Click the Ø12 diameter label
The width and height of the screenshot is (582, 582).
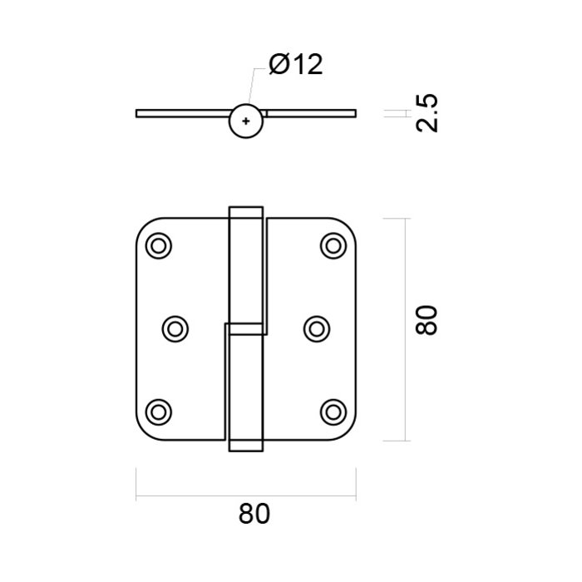click(295, 65)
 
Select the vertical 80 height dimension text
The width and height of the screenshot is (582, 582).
click(426, 319)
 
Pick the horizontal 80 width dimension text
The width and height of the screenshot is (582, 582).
click(254, 515)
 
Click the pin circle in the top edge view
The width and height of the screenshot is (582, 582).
click(244, 121)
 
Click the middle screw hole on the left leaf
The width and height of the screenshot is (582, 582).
click(175, 328)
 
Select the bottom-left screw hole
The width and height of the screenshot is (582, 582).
click(158, 410)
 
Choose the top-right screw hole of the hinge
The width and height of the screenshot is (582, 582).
click(333, 245)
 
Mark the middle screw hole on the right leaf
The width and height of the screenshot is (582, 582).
click(315, 328)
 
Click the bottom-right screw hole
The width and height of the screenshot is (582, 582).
click(333, 410)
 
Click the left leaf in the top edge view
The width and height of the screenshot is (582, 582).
click(183, 113)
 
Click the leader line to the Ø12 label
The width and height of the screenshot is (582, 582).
click(252, 86)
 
